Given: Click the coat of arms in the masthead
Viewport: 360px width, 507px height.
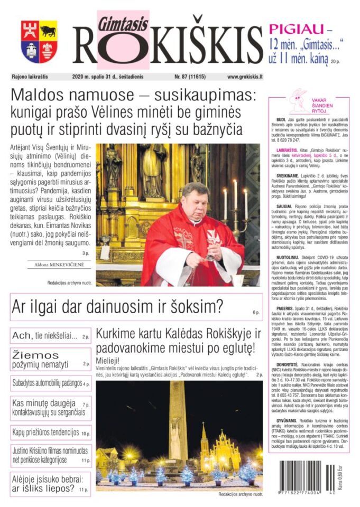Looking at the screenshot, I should pos(39,42).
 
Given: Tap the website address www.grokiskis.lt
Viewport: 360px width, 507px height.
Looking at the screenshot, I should pos(245,77).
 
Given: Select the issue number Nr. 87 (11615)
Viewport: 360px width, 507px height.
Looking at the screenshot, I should pos(192,77).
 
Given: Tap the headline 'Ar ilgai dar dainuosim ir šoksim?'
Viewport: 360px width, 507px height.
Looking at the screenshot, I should pos(117,306).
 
